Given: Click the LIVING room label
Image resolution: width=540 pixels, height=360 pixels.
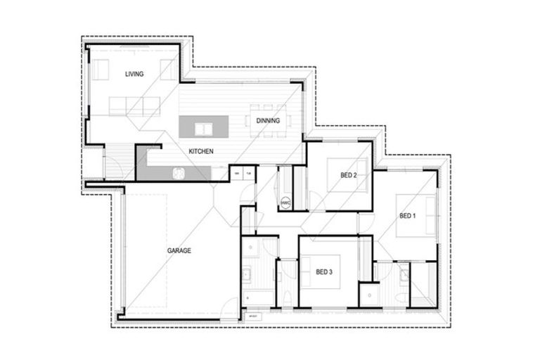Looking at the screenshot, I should pyautogui.click(x=135, y=74).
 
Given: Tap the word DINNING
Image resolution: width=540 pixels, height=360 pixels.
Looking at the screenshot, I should pyautogui.click(x=268, y=120).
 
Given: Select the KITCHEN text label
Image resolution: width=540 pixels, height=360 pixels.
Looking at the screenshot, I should pyautogui.click(x=200, y=151).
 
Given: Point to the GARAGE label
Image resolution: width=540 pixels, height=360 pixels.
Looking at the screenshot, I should pyautogui.click(x=179, y=250).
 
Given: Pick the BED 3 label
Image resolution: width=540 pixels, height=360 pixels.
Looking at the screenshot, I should pyautogui.click(x=323, y=272).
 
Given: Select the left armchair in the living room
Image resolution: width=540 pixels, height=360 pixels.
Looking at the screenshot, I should pyautogui.click(x=101, y=70).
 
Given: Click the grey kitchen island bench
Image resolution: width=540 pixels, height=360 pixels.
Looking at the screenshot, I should pyautogui.click(x=204, y=127).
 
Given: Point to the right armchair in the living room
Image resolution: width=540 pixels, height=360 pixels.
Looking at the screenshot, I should pyautogui.click(x=168, y=69).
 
